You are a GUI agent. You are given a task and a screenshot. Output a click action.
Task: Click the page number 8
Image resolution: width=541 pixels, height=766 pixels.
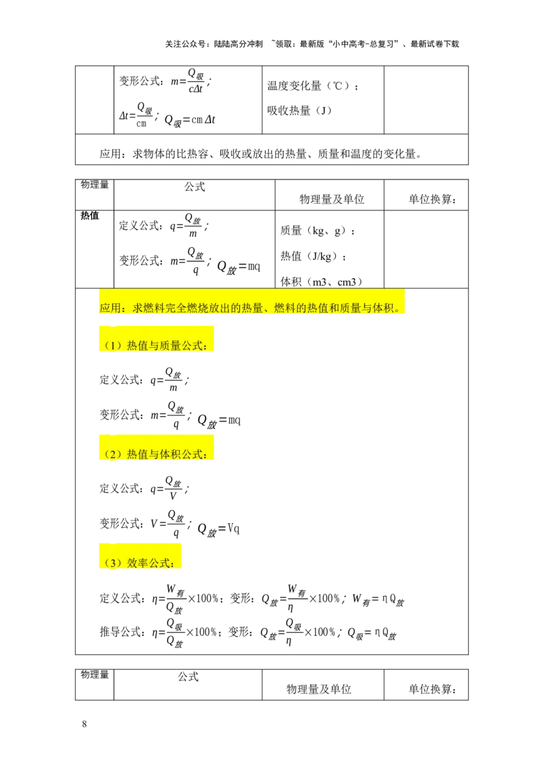click(85, 724)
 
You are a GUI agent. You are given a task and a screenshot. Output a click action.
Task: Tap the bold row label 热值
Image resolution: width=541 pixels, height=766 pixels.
click(90, 215)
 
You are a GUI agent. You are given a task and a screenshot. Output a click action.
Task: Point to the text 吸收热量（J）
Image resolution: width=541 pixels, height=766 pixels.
click(300, 110)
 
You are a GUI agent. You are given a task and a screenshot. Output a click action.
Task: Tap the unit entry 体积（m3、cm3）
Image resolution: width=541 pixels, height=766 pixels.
click(321, 282)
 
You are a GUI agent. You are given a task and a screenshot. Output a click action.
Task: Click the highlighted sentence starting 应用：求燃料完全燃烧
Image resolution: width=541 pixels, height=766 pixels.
click(250, 308)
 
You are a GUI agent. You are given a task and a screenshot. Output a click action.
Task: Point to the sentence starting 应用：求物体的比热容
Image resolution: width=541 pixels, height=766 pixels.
click(261, 154)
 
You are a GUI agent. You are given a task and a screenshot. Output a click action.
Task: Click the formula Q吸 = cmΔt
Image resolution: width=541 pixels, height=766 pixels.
click(190, 120)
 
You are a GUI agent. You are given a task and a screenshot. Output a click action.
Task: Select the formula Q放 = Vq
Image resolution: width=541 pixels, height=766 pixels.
click(218, 530)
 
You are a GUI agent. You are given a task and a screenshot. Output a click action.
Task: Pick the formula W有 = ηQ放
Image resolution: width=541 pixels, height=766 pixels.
click(378, 600)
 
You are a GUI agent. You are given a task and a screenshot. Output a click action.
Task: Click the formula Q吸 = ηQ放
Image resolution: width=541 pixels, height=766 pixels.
click(371, 633)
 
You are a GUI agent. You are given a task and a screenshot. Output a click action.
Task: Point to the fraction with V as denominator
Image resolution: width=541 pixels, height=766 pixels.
click(173, 488)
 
